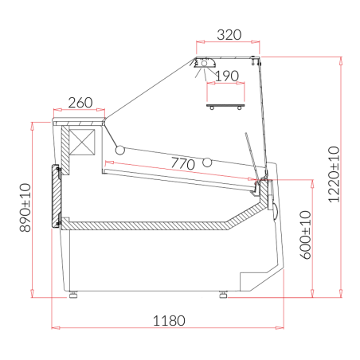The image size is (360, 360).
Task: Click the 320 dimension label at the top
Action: click(x=229, y=35)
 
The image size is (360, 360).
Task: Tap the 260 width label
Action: click(x=80, y=103)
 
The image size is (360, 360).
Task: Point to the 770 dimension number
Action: click(x=182, y=164)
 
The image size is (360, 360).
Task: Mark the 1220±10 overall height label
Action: click(x=333, y=174)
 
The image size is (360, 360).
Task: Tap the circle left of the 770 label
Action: click(x=120, y=149)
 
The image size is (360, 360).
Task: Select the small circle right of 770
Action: click(x=209, y=162)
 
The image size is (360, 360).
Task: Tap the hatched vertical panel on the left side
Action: click(x=57, y=196)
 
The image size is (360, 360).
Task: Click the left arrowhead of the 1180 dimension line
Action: click(x=54, y=327)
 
